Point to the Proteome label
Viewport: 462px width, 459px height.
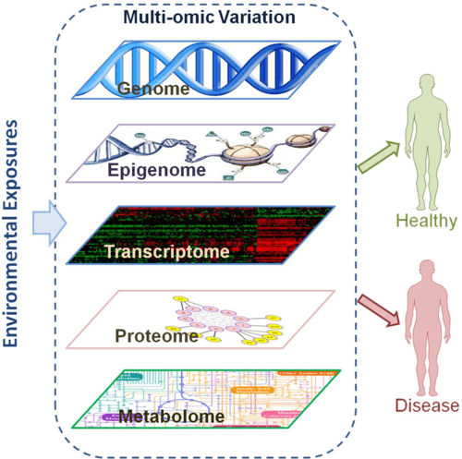(x=157, y=335)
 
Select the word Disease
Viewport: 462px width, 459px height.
(x=426, y=405)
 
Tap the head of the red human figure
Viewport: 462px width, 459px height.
(x=427, y=269)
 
